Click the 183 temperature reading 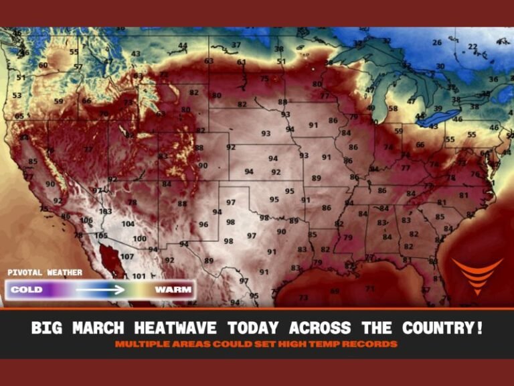click(x=106, y=211)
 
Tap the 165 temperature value click(x=101, y=236)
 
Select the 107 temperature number click(x=127, y=257)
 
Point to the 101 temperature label click(x=139, y=276)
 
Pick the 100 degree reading click(x=139, y=239)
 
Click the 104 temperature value click(x=128, y=224)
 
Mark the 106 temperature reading click(x=86, y=220)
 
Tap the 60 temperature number click(x=43, y=65)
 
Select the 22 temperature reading click(x=473, y=47)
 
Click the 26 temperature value click(x=436, y=43)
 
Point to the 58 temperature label click(x=393, y=109)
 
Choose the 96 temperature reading click(x=203, y=224)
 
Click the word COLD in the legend click(x=27, y=290)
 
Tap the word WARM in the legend click(x=173, y=290)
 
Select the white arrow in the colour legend click(x=100, y=290)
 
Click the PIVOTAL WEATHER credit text click(x=45, y=273)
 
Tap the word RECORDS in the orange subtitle click(x=373, y=344)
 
